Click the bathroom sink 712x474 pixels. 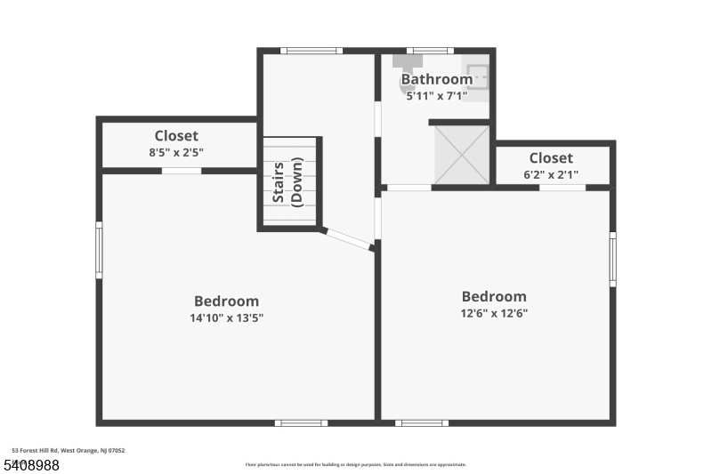[476, 76]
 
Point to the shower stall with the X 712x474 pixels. [461, 155]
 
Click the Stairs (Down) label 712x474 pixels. [288, 182]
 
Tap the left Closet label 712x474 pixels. [176, 136]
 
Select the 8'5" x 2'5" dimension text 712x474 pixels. [176, 152]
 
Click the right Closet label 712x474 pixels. [551, 158]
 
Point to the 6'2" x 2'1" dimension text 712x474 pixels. [551, 174]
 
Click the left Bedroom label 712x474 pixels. [226, 301]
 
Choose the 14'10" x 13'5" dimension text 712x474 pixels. [226, 317]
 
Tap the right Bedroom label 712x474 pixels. [493, 297]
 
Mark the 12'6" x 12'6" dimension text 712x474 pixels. [493, 313]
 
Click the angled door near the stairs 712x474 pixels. [346, 238]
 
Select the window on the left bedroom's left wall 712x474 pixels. [99, 250]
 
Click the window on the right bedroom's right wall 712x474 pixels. [612, 259]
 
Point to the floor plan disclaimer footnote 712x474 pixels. [355, 464]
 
